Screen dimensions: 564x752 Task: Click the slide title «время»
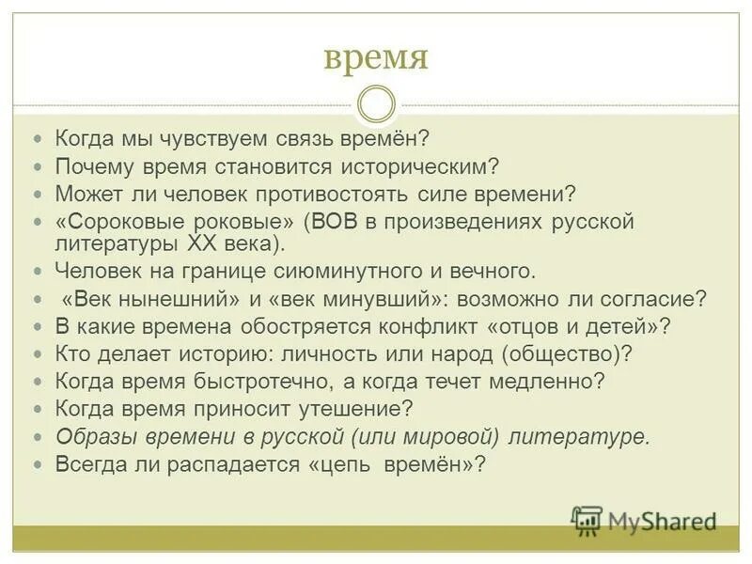click(375, 57)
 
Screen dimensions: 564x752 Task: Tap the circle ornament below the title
click(376, 103)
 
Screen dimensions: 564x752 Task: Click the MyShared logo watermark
click(643, 519)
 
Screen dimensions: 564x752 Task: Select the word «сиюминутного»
click(365, 273)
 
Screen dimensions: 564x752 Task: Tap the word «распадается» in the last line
click(228, 463)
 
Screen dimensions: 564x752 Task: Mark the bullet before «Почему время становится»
click(39, 166)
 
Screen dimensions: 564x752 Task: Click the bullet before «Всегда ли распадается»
click(39, 463)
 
